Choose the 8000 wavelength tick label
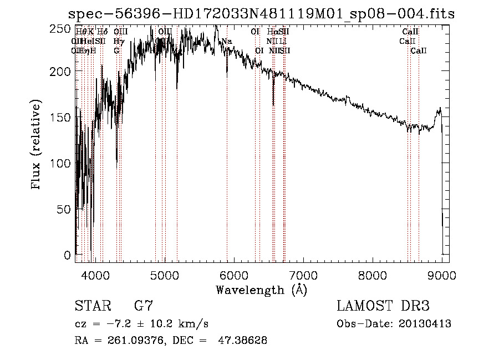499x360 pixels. click(372, 275)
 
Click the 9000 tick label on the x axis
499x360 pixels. click(441, 275)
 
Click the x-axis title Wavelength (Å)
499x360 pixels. click(261, 290)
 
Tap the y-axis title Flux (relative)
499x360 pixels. click(37, 145)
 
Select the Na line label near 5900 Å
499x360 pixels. click(227, 41)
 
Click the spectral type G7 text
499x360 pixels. click(144, 306)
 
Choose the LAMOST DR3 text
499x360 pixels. click(383, 306)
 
